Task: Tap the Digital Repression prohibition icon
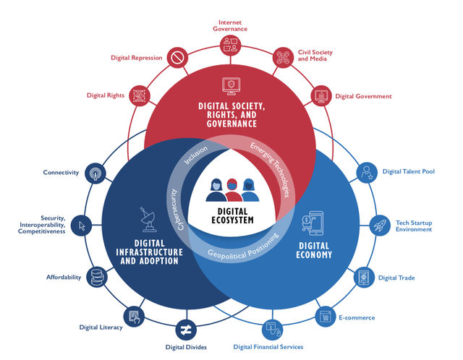coord(177,57)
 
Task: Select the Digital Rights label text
coord(106,95)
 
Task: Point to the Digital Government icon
coord(320,95)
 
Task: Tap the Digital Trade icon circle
coord(364,278)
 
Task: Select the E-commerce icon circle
coord(325,316)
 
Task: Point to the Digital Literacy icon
coord(134,316)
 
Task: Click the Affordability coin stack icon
coord(95,277)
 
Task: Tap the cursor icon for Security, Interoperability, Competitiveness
coord(82,225)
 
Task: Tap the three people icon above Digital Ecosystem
coord(232,190)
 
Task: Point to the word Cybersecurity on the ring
coord(176,210)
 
